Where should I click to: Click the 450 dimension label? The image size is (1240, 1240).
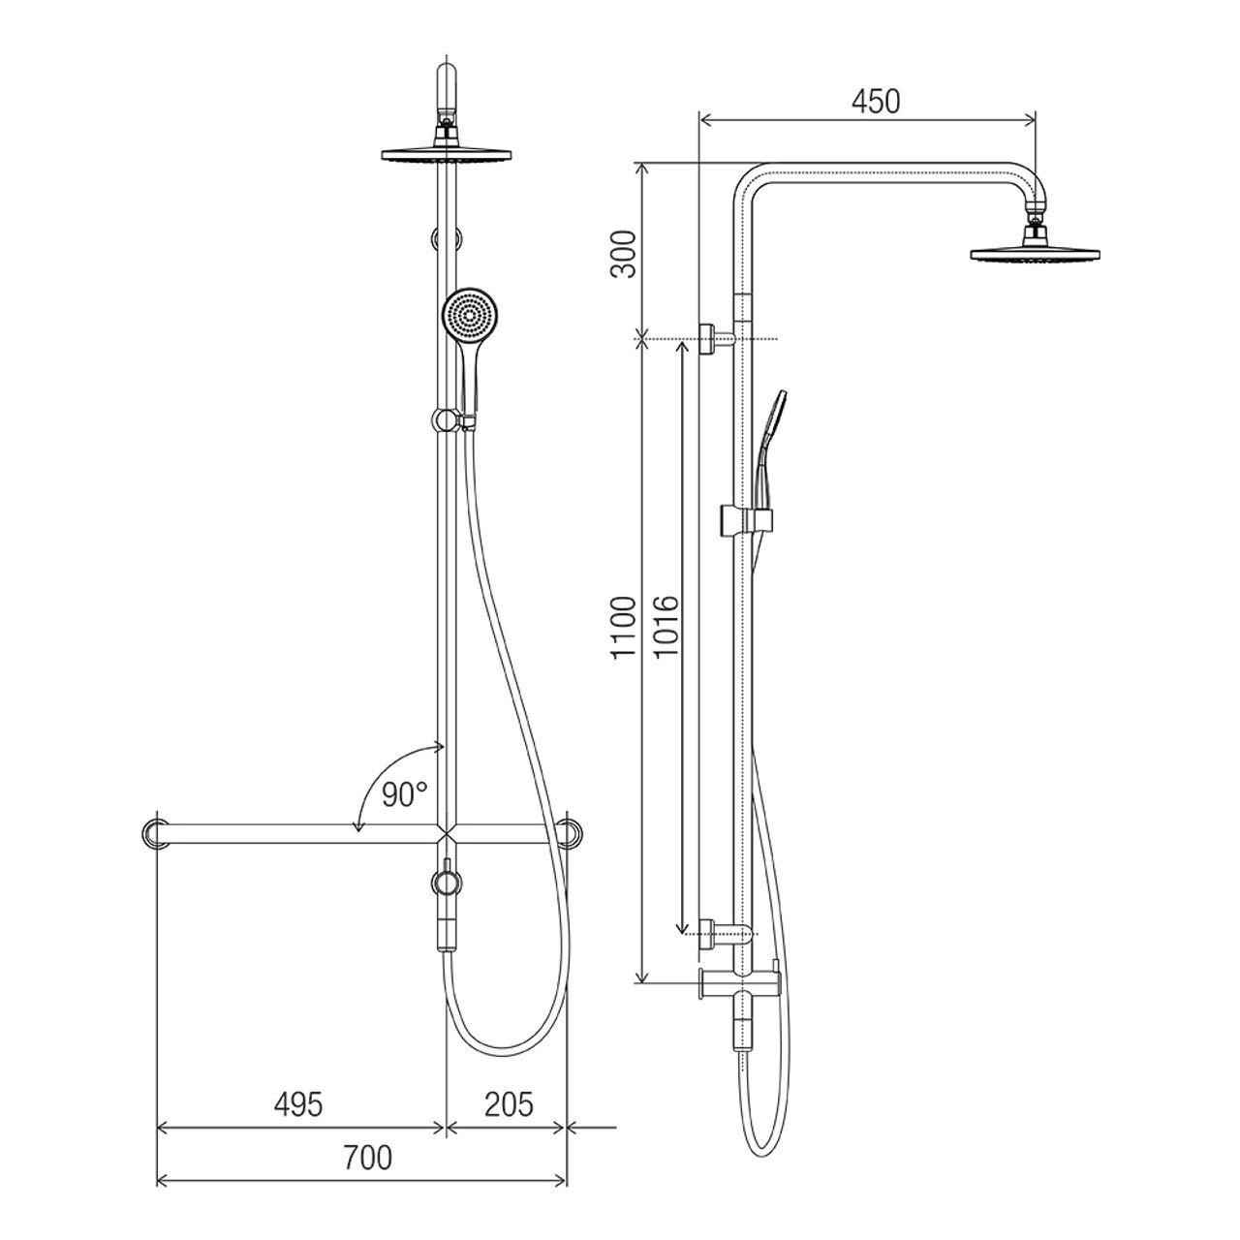coord(875,102)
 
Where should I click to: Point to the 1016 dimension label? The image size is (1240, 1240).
coord(666,627)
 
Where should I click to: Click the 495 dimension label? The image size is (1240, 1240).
coord(298,1050)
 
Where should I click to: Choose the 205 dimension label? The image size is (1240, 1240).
coord(509,1050)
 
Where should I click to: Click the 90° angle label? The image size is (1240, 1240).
coord(404,794)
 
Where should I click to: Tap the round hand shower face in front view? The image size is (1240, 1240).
coord(471,315)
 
